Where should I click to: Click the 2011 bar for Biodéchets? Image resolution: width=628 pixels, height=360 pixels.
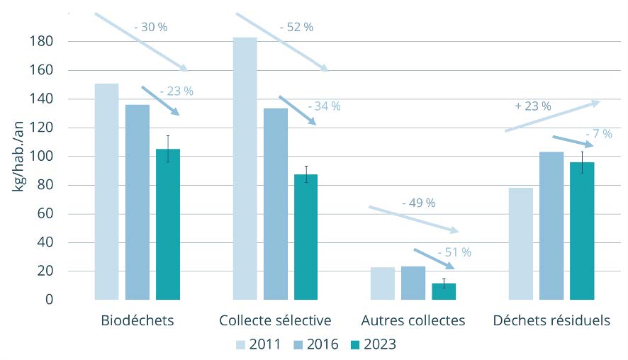pyautogui.click(x=106, y=191)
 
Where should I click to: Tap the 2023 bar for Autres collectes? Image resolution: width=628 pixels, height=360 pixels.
pyautogui.click(x=444, y=291)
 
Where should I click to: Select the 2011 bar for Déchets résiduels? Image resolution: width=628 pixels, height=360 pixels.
pyautogui.click(x=520, y=244)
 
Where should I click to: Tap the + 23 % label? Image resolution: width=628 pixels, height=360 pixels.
pyautogui.click(x=533, y=106)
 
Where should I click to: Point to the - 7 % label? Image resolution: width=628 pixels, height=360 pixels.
pyautogui.click(x=599, y=133)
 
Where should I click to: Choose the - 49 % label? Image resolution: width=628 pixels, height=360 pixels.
pyautogui.click(x=418, y=203)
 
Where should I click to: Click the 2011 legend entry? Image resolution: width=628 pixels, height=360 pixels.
pyautogui.click(x=259, y=344)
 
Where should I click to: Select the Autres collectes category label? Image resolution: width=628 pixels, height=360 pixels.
pyautogui.click(x=413, y=320)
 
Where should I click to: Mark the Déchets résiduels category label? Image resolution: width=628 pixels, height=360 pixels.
pyautogui.click(x=551, y=320)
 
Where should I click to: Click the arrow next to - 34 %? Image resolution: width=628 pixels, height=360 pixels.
pyautogui.click(x=297, y=111)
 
